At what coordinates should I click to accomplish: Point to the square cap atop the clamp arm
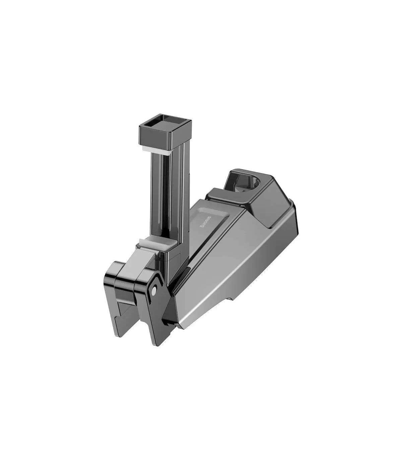point(165,131)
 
